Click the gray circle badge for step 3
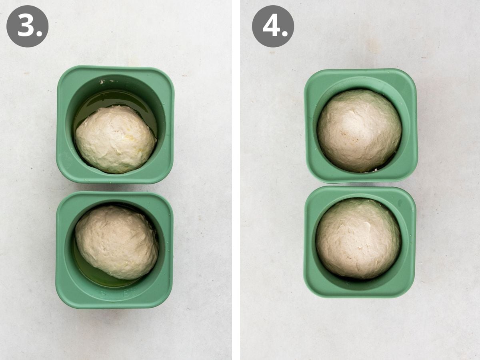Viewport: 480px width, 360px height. (27, 26)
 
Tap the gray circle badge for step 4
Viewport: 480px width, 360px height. (273, 26)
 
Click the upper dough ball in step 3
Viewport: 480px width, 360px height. (116, 139)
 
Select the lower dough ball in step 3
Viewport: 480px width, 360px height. (116, 242)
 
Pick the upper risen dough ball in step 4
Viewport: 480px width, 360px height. (359, 131)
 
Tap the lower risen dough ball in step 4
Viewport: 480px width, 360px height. (358, 238)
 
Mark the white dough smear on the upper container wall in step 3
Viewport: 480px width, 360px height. (102, 82)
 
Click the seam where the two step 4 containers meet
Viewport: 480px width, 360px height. (360, 185)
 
